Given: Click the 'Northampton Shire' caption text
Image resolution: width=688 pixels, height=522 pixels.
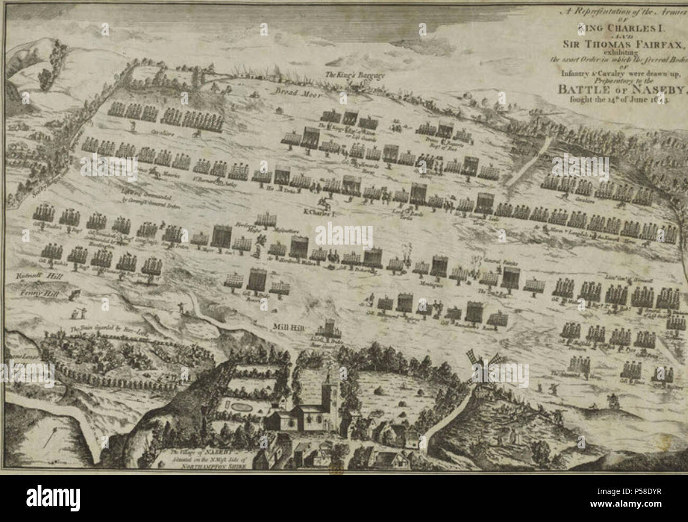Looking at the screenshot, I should coord(210,469).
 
